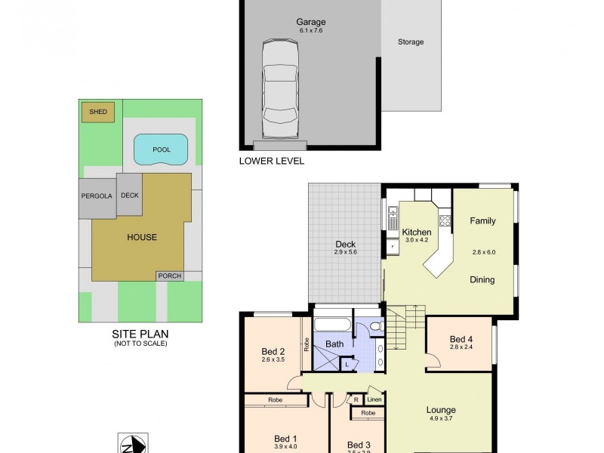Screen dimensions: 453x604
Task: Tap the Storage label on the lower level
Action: pos(411,42)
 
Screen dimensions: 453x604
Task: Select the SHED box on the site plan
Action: pos(98,112)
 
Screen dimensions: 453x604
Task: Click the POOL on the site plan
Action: pos(161,149)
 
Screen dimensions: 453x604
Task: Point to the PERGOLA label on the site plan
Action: pos(96,196)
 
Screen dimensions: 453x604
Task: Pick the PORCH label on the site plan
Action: pos(168,276)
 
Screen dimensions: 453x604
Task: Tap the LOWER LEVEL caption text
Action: pos(271,161)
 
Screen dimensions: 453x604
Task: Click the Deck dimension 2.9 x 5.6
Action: pos(346,252)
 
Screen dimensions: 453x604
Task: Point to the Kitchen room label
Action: pos(416,232)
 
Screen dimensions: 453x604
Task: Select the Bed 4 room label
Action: pos(461,339)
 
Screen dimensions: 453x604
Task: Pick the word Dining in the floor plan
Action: pos(482,279)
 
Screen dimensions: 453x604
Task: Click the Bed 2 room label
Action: pos(273,351)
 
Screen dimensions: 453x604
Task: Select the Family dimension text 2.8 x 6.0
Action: pos(482,252)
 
